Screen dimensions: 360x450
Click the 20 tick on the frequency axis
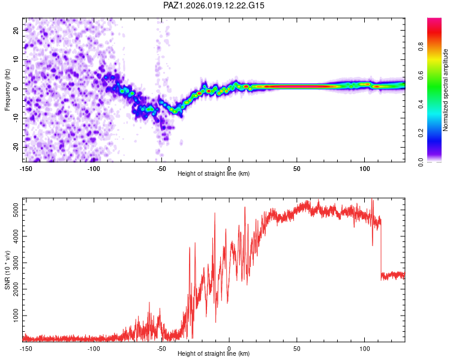(16, 31)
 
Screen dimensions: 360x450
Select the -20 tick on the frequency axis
(15, 147)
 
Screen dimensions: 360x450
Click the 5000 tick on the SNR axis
(13, 211)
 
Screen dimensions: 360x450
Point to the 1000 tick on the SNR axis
(13, 316)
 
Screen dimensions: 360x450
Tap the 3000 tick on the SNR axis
(13, 263)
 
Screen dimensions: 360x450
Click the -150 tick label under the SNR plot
(26, 348)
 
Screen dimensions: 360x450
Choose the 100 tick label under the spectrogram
(364, 169)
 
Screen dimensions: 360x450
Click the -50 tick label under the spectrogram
(161, 169)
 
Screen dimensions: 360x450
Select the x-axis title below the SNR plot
(214, 354)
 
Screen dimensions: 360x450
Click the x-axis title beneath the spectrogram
(214, 174)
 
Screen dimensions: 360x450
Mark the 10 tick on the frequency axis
(16, 59)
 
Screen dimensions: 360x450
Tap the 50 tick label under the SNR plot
(297, 348)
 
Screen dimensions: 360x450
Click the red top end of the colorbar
(434, 21)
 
